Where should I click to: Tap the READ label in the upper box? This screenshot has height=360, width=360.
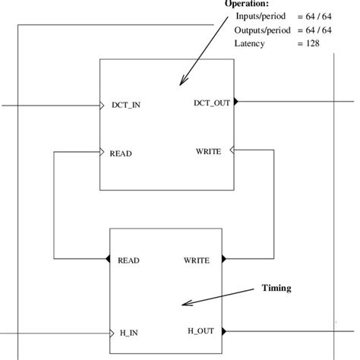[122, 153]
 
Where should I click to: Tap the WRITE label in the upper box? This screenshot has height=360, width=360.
[208, 151]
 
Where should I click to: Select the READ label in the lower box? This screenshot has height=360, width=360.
[129, 260]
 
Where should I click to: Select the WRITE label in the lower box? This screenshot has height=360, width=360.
[197, 260]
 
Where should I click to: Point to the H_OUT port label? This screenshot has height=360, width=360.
[202, 330]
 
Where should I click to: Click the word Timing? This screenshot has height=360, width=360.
[276, 288]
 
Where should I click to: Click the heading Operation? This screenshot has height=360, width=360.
[248, 4]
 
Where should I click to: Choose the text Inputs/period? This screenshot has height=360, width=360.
[258, 16]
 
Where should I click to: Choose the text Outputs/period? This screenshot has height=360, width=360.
[261, 30]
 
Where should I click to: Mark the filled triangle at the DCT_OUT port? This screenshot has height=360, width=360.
[236, 101]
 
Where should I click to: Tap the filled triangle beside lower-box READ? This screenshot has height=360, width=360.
[107, 260]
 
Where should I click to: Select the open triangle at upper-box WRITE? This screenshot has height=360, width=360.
[232, 151]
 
